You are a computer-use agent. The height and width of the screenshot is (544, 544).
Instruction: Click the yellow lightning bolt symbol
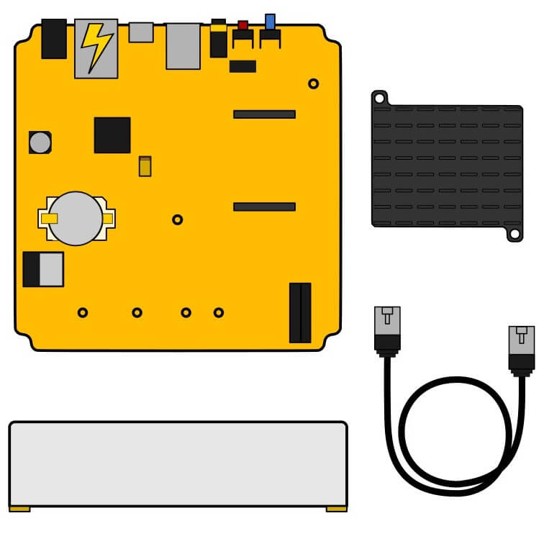click(96, 47)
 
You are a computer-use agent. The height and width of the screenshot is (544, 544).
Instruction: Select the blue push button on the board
click(270, 21)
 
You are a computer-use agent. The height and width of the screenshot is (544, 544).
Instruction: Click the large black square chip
click(112, 135)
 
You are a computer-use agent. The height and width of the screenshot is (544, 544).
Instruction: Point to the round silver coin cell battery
click(76, 218)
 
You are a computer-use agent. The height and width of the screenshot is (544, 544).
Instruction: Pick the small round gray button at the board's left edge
click(40, 142)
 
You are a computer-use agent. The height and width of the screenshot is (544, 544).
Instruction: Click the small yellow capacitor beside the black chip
click(145, 166)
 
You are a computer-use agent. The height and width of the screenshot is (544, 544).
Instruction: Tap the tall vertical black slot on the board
click(300, 312)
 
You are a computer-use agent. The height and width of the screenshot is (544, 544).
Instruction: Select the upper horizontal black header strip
click(264, 114)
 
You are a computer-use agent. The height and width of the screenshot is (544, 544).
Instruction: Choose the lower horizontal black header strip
click(264, 207)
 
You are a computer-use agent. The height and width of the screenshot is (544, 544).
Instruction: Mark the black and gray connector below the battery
click(42, 268)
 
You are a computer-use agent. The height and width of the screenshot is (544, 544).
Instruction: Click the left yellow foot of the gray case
click(19, 509)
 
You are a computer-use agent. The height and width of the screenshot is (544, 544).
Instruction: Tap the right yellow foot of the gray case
click(336, 509)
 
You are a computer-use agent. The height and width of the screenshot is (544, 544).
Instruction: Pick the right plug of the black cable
click(521, 348)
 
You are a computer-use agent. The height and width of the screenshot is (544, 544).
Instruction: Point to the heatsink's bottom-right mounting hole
click(514, 234)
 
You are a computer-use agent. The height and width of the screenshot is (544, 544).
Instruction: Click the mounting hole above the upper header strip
click(313, 83)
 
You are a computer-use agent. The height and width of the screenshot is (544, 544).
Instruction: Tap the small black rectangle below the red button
click(242, 66)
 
